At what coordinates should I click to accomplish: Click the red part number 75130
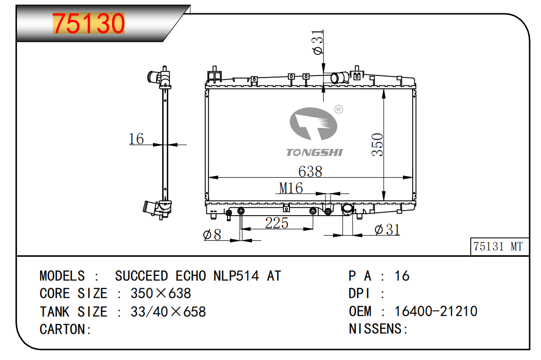tap(89, 24)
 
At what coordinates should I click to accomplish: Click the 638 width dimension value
tap(310, 171)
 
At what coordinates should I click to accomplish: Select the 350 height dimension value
tap(377, 145)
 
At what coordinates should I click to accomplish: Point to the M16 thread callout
tap(291, 188)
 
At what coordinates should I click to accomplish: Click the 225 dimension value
tap(277, 223)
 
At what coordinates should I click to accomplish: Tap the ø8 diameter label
tap(212, 235)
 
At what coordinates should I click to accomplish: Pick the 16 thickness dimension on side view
tap(136, 139)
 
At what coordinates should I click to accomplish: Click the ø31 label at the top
tap(318, 42)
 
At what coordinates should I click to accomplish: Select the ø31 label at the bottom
tap(387, 230)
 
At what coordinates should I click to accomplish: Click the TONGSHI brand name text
tap(314, 153)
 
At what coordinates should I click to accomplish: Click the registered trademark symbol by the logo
tap(339, 109)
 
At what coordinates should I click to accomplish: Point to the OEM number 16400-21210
tap(436, 311)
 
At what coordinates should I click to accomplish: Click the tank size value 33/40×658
tap(168, 312)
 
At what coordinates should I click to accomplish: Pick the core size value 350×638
tap(161, 294)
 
